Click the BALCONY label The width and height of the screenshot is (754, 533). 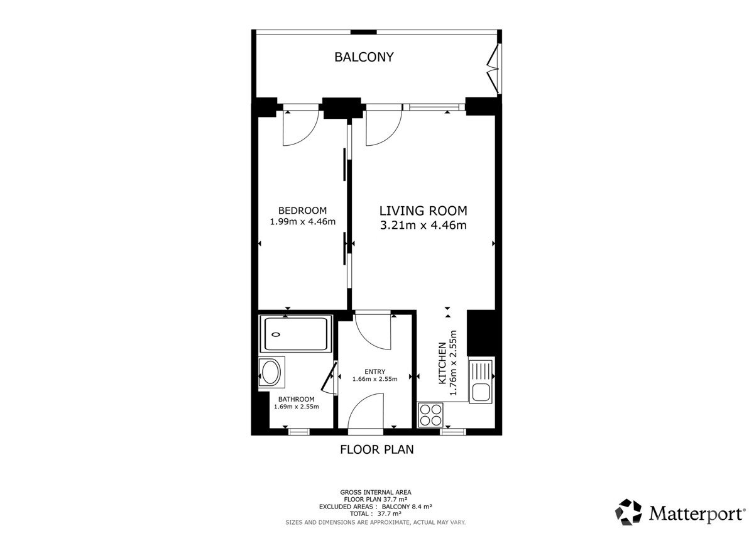click(364, 57)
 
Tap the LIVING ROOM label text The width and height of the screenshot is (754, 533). click(423, 211)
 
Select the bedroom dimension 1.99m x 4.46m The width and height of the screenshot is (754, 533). click(303, 221)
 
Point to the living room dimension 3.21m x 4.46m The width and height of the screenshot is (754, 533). click(423, 225)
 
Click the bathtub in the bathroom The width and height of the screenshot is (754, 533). click(296, 334)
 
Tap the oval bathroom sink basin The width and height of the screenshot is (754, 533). click(271, 372)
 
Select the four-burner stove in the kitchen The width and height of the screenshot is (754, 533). click(430, 415)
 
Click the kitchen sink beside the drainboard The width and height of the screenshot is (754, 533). click(481, 393)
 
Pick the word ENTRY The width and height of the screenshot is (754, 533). click(374, 371)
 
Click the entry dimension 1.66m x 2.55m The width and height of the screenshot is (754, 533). click(374, 379)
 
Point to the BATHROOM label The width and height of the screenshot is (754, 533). click(296, 399)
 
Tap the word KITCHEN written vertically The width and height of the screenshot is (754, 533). click(442, 363)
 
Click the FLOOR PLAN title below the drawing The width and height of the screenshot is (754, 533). click(376, 449)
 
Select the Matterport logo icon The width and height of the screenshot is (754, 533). click(628, 512)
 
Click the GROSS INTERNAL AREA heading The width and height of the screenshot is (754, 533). click(376, 492)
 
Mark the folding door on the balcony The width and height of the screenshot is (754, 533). click(493, 69)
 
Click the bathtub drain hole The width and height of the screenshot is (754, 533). click(276, 334)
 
